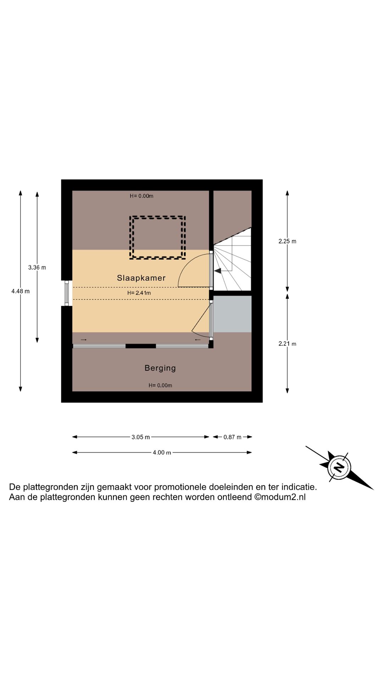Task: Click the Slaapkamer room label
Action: pyautogui.click(x=141, y=278)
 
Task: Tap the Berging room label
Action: pyautogui.click(x=160, y=368)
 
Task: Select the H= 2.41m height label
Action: pyautogui.click(x=139, y=293)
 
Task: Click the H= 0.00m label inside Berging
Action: pyautogui.click(x=160, y=386)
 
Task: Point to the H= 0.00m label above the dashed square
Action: pyautogui.click(x=141, y=196)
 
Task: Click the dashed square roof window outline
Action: pyautogui.click(x=157, y=238)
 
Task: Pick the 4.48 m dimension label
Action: pyautogui.click(x=21, y=291)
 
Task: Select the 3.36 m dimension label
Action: pyautogui.click(x=37, y=267)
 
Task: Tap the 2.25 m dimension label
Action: pyautogui.click(x=287, y=241)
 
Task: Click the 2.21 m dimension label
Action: pyautogui.click(x=287, y=344)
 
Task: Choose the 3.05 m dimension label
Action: pyautogui.click(x=140, y=437)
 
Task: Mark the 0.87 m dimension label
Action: pyautogui.click(x=232, y=437)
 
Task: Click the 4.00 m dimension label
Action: pyautogui.click(x=162, y=453)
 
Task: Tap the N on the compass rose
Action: pyautogui.click(x=339, y=467)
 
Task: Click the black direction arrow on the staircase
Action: pyautogui.click(x=218, y=271)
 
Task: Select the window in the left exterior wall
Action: pyautogui.click(x=67, y=293)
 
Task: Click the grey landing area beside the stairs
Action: pyautogui.click(x=232, y=314)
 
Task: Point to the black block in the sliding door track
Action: pyautogui.click(x=141, y=346)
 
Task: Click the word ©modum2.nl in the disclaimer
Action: pyautogui.click(x=280, y=497)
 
